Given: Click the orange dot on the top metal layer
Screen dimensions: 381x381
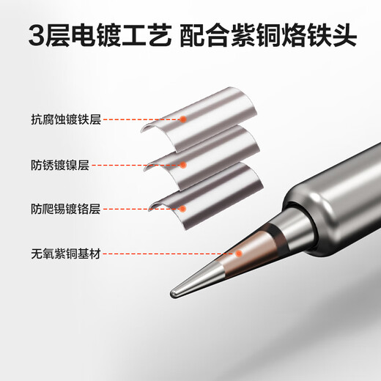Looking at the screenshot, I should [x=183, y=117].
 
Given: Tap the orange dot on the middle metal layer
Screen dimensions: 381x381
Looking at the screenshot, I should [x=183, y=166].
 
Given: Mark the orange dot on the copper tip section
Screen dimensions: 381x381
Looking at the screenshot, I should [x=238, y=254].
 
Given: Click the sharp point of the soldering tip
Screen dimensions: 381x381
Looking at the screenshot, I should [x=173, y=293].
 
